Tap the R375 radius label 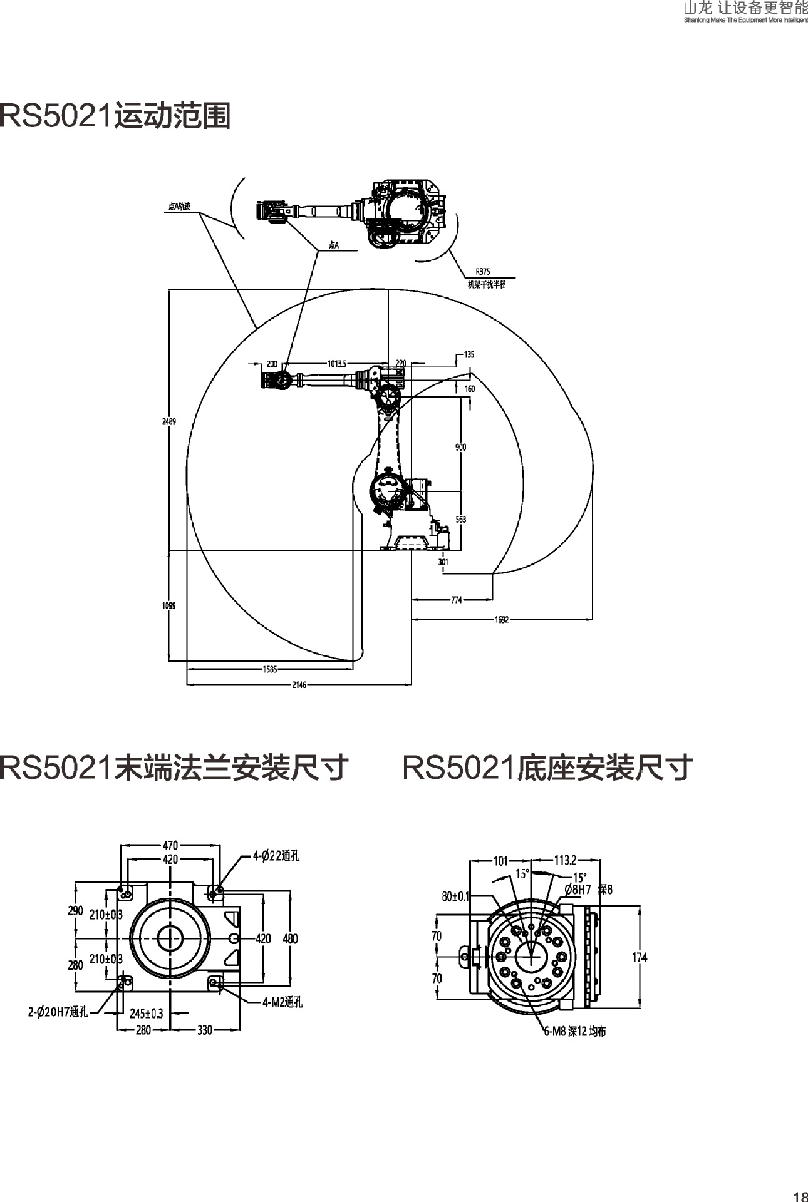click(482, 272)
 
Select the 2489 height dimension click(169, 421)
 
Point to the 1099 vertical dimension click(169, 605)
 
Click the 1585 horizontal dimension click(269, 669)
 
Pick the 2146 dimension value click(299, 685)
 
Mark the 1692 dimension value click(502, 620)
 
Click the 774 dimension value click(457, 600)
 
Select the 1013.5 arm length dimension click(337, 363)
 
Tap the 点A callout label click(334, 246)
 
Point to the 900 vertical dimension click(460, 447)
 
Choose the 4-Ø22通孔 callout click(276, 856)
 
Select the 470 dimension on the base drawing click(170, 845)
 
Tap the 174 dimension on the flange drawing click(640, 957)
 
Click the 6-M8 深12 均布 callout click(574, 1032)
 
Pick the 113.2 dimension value click(565, 860)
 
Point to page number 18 click(800, 1196)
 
